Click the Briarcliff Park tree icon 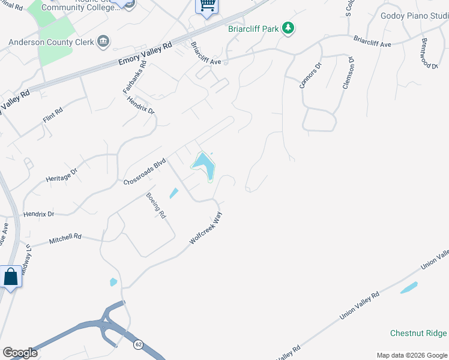[x=289, y=28]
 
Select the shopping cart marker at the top [x=206, y=5]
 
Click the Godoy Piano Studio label [x=414, y=16]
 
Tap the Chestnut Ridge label [x=418, y=333]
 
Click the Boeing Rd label [x=156, y=205]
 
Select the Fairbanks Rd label [x=131, y=79]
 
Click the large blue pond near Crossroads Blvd [x=204, y=163]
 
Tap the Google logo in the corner [x=20, y=353]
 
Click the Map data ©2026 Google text [x=412, y=355]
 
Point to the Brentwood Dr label [x=429, y=54]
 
